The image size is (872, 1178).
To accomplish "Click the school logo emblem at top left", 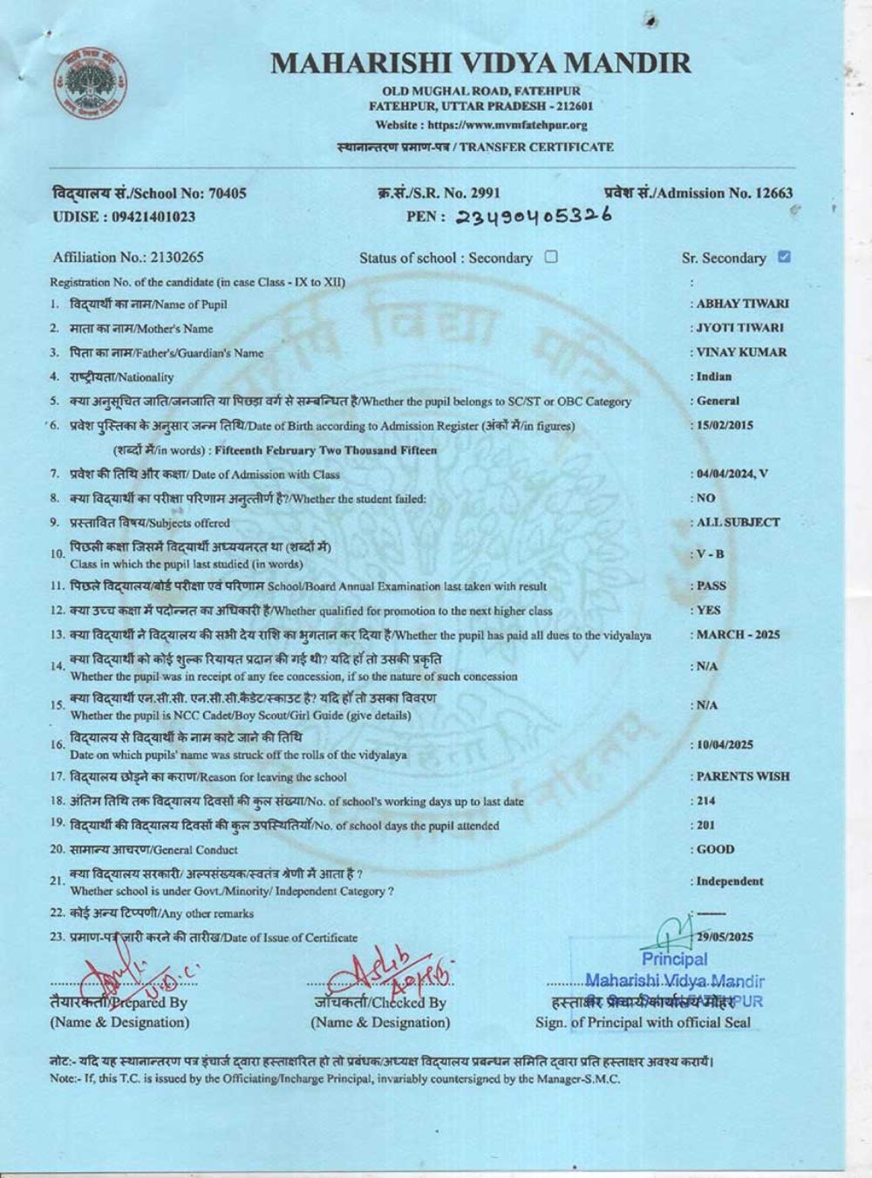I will click(91, 85).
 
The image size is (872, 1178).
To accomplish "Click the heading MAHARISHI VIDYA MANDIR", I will click(480, 63).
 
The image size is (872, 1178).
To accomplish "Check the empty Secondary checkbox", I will click(550, 257).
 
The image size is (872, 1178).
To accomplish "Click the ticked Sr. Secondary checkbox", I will click(783, 257).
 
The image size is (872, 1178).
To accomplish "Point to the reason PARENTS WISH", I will click(743, 776).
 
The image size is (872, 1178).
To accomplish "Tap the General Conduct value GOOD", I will click(715, 849).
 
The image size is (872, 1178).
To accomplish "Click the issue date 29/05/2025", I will click(725, 938).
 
